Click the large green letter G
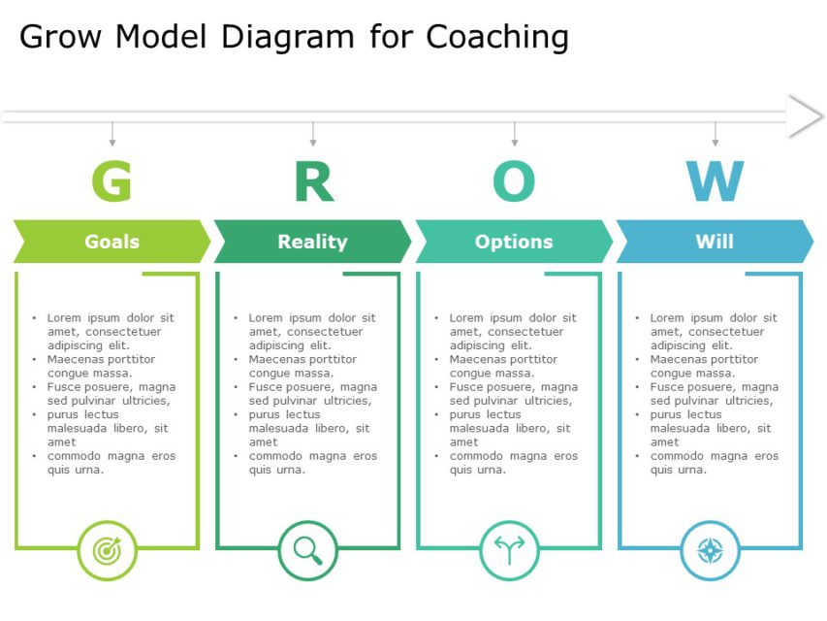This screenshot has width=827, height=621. click(111, 181)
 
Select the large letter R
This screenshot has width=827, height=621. click(313, 181)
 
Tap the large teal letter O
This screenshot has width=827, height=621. click(514, 181)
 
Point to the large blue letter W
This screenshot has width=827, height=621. click(715, 181)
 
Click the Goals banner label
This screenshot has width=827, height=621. click(111, 242)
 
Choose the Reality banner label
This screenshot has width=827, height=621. click(312, 242)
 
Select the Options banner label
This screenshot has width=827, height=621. click(514, 242)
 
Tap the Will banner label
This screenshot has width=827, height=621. click(715, 242)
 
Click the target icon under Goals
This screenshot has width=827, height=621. click(107, 550)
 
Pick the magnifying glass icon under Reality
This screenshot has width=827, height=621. click(308, 550)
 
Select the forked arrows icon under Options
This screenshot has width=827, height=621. click(509, 550)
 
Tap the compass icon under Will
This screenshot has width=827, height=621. click(711, 550)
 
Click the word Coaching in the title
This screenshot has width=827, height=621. click(497, 37)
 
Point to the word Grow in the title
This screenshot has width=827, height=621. click(63, 37)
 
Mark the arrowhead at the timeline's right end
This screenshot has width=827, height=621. click(805, 116)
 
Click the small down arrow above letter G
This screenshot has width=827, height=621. click(112, 135)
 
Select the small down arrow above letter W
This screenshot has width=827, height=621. click(716, 135)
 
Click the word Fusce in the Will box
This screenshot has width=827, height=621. click(668, 387)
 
